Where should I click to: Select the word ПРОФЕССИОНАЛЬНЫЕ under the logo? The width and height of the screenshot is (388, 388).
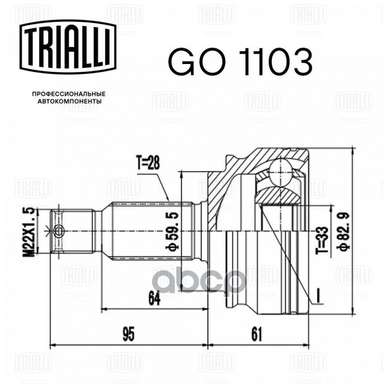click(69, 93)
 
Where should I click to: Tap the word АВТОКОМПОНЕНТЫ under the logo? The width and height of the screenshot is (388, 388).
click(69, 102)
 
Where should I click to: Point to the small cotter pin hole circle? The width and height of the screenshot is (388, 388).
click(59, 230)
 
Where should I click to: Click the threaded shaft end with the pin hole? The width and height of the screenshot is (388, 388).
click(73, 230)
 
